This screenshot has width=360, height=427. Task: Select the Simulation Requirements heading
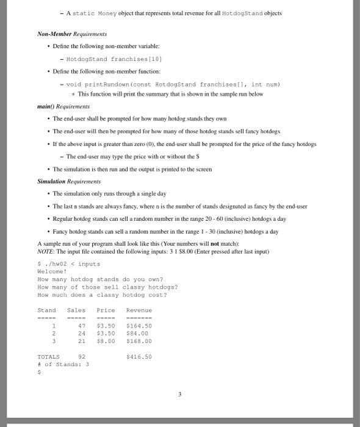pyautogui.click(x=68, y=182)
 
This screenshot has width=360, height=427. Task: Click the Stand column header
pyautogui.click(x=46, y=310)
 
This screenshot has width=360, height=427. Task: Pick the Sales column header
pyautogui.click(x=76, y=310)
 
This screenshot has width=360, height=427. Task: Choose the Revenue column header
pyautogui.click(x=139, y=310)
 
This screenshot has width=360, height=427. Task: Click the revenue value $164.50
pyautogui.click(x=139, y=326)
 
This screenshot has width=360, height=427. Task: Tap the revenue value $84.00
pyautogui.click(x=136, y=334)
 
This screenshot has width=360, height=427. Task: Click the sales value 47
pyautogui.click(x=81, y=326)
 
